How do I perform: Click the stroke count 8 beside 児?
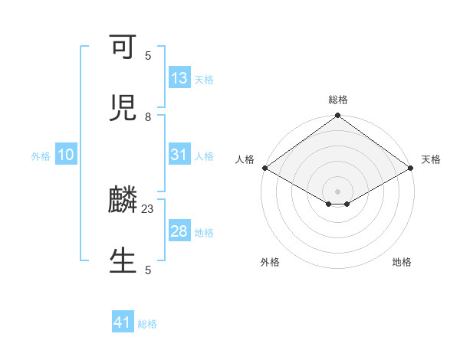click(x=148, y=116)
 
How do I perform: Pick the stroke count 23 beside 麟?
click(x=148, y=208)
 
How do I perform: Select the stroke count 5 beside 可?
click(x=148, y=55)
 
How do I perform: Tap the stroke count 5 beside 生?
click(x=148, y=270)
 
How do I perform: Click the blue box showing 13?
click(x=179, y=78)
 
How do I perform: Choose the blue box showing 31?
click(x=179, y=155)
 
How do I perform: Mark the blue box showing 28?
click(x=179, y=231)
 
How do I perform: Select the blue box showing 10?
click(x=66, y=155)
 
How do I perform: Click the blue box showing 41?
click(x=123, y=323)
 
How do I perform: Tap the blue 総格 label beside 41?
click(x=147, y=324)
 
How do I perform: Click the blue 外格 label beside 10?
click(x=41, y=155)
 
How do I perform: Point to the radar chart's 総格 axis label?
click(x=338, y=100)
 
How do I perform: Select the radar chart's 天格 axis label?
click(x=431, y=159)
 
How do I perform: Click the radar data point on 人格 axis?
click(x=264, y=168)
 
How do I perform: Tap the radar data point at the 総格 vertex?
click(x=338, y=116)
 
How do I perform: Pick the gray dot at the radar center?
click(x=338, y=191)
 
